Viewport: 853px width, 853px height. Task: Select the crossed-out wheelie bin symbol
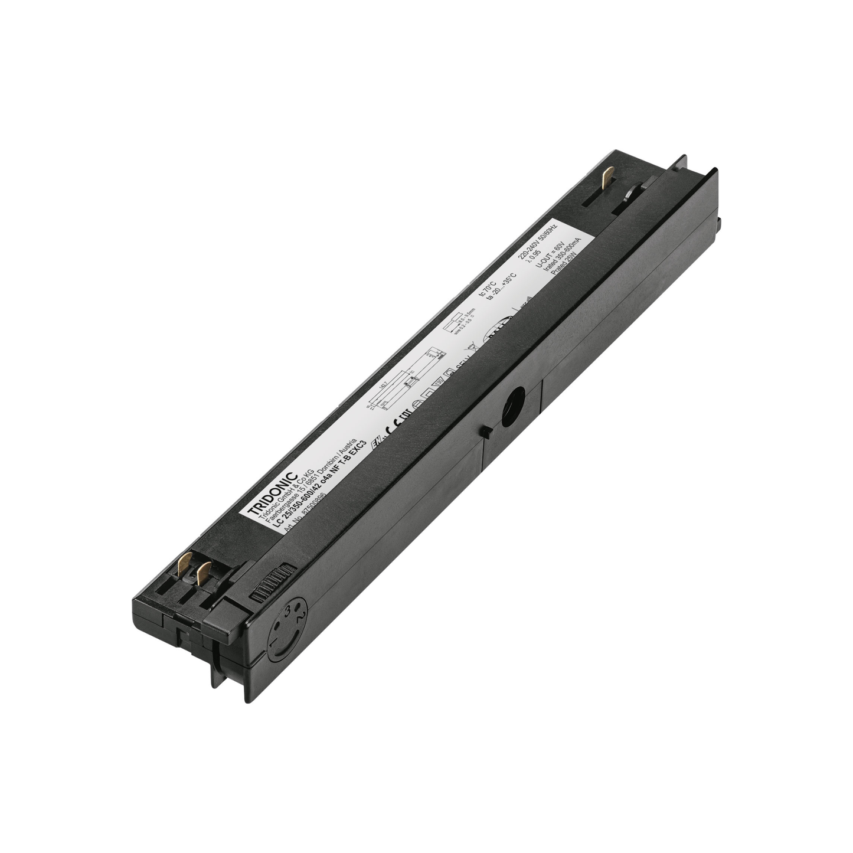[x=471, y=349]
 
